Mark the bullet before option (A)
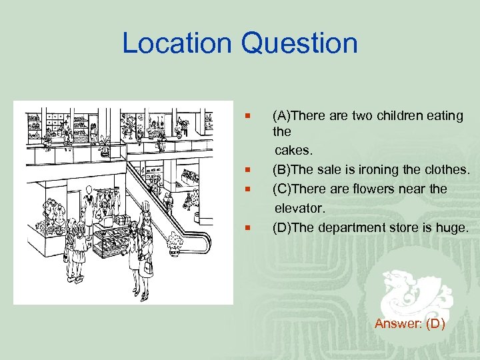pyautogui.click(x=247, y=116)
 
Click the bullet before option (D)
pyautogui.click(x=247, y=227)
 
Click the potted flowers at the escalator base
pyautogui.click(x=176, y=241)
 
